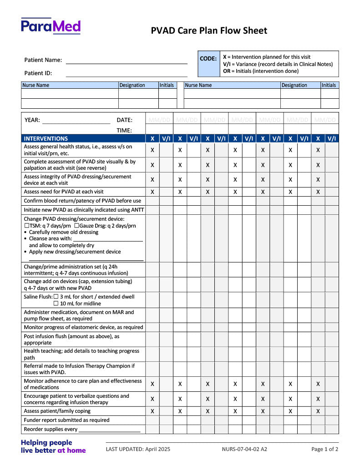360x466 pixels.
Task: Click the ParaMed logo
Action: pos(51,26)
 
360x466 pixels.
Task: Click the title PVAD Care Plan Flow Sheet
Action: pos(209,31)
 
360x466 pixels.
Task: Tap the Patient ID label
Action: pos(38,73)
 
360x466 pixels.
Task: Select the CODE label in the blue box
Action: pos(208,59)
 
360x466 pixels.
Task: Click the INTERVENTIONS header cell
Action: pos(46,138)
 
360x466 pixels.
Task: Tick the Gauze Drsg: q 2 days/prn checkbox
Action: pos(76,226)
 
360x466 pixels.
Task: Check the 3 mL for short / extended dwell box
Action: pos(56,297)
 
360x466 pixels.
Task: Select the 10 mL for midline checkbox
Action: pos(56,304)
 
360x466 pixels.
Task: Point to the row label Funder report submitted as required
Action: pos(66,420)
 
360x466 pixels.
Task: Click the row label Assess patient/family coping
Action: pos(57,411)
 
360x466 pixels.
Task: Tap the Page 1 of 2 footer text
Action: pos(325,449)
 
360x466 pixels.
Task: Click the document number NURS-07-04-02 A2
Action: pos(244,449)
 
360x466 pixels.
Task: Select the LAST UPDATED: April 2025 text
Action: pos(138,449)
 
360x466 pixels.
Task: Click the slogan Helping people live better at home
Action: pos(53,446)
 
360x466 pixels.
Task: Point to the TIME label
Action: pos(124,130)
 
